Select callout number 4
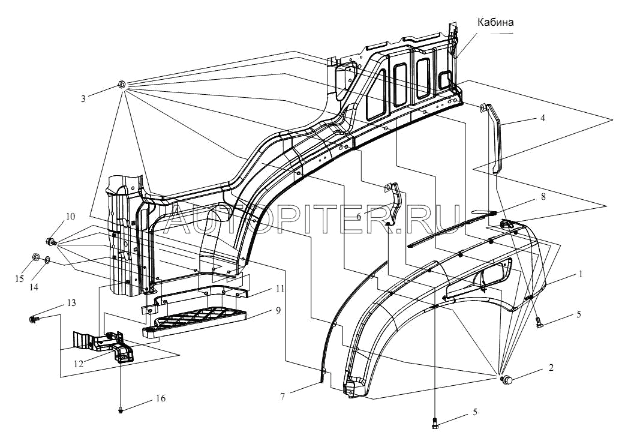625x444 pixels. coord(542,118)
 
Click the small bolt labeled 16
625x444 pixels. coord(121,411)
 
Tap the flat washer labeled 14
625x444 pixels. coord(47,262)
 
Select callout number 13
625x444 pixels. coord(71,303)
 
